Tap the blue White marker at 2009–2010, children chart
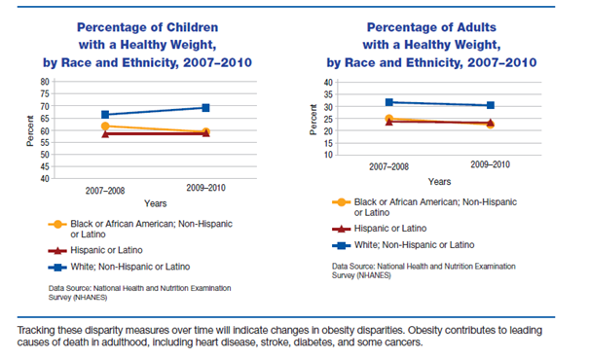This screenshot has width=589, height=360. pyautogui.click(x=205, y=107)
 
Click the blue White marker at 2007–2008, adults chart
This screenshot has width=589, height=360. pyautogui.click(x=389, y=102)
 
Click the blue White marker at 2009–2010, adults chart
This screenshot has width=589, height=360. pyautogui.click(x=491, y=105)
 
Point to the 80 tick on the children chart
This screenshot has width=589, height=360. pyautogui.click(x=71, y=81)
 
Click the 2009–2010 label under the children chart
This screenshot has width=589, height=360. pyautogui.click(x=205, y=188)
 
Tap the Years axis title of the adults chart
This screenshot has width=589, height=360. pyautogui.click(x=439, y=182)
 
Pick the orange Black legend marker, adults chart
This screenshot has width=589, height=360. pyautogui.click(x=342, y=203)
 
